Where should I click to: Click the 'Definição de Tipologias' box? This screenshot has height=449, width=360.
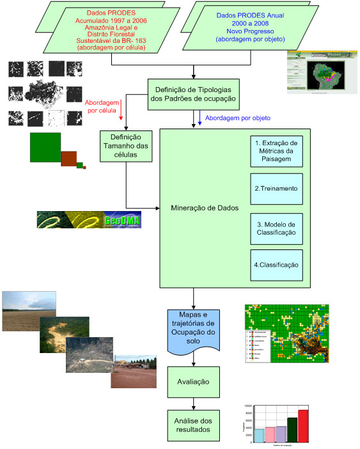(x=193, y=93)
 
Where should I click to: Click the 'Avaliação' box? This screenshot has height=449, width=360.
(x=192, y=381)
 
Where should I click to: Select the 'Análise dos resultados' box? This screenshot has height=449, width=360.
(x=192, y=425)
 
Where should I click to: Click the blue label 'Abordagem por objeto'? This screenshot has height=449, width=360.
(x=238, y=118)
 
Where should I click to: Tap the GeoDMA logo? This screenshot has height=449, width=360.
(x=89, y=219)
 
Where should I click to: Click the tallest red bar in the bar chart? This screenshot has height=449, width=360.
(x=302, y=425)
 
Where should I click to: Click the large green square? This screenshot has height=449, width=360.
(x=45, y=148)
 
